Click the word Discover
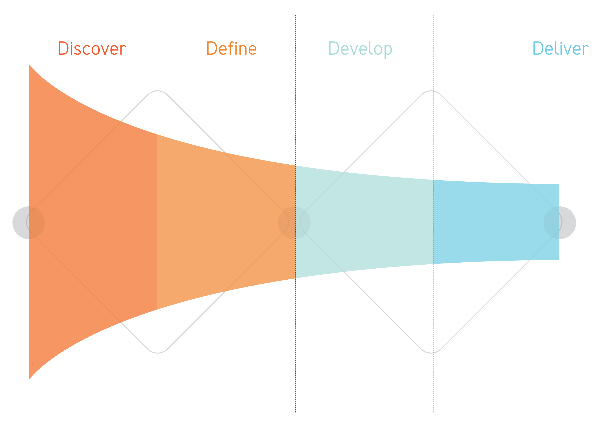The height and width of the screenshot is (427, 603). click(92, 49)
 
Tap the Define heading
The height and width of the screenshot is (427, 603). click(231, 49)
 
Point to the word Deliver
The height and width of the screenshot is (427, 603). click(560, 49)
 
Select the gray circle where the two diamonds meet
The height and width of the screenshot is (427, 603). click(294, 223)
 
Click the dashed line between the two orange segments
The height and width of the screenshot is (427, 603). click(157, 223)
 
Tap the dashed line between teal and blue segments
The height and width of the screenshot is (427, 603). click(433, 223)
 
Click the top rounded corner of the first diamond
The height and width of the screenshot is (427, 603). click(157, 91)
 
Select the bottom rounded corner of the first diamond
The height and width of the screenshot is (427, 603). click(157, 353)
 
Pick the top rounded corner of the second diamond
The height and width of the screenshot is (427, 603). click(431, 91)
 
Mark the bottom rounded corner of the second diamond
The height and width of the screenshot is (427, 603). click(431, 353)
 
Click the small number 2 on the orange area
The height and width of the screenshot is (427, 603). click(32, 364)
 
